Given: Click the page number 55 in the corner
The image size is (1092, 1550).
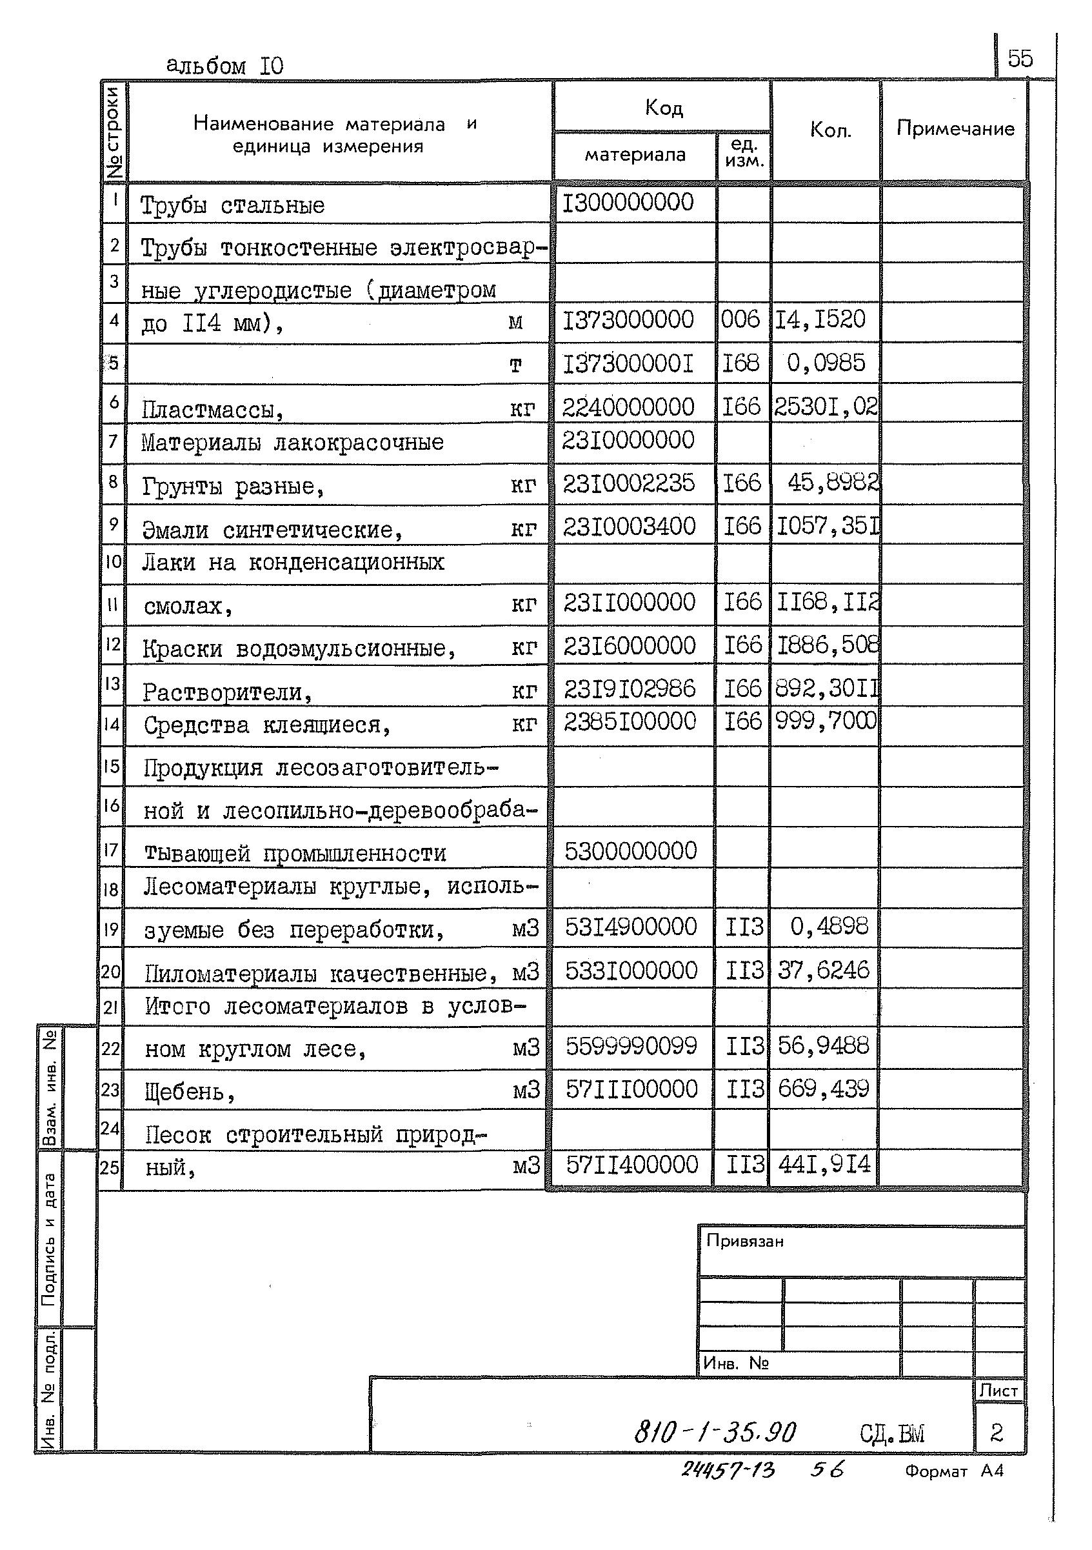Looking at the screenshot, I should [x=1019, y=59].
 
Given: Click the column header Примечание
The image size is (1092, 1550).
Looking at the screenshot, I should [x=955, y=128].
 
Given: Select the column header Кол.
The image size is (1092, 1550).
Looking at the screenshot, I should [x=830, y=130].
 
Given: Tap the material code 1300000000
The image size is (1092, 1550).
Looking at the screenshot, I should [x=628, y=203].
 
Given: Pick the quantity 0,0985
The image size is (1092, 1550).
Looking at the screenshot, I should [x=826, y=363].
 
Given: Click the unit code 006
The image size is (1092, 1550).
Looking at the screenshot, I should [x=740, y=319].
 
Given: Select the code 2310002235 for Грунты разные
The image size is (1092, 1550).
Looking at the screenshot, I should [x=628, y=483].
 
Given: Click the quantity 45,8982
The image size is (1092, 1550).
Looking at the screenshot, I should [x=833, y=482].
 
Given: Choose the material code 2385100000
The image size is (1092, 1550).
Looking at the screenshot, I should [x=630, y=721].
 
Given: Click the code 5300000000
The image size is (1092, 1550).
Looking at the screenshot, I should [x=630, y=851].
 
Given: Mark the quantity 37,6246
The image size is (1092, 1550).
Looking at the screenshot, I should [x=824, y=971].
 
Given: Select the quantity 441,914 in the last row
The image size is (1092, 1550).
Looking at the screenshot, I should [x=824, y=1165].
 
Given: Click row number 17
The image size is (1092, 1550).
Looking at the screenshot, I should [x=112, y=849].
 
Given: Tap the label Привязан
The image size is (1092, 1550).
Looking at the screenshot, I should [x=744, y=1242].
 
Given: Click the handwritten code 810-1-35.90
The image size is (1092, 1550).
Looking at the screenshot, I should [x=715, y=1433].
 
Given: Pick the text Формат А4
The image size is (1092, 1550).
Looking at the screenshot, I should [x=953, y=1471].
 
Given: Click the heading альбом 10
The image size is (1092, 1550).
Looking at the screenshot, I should [x=224, y=65].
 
